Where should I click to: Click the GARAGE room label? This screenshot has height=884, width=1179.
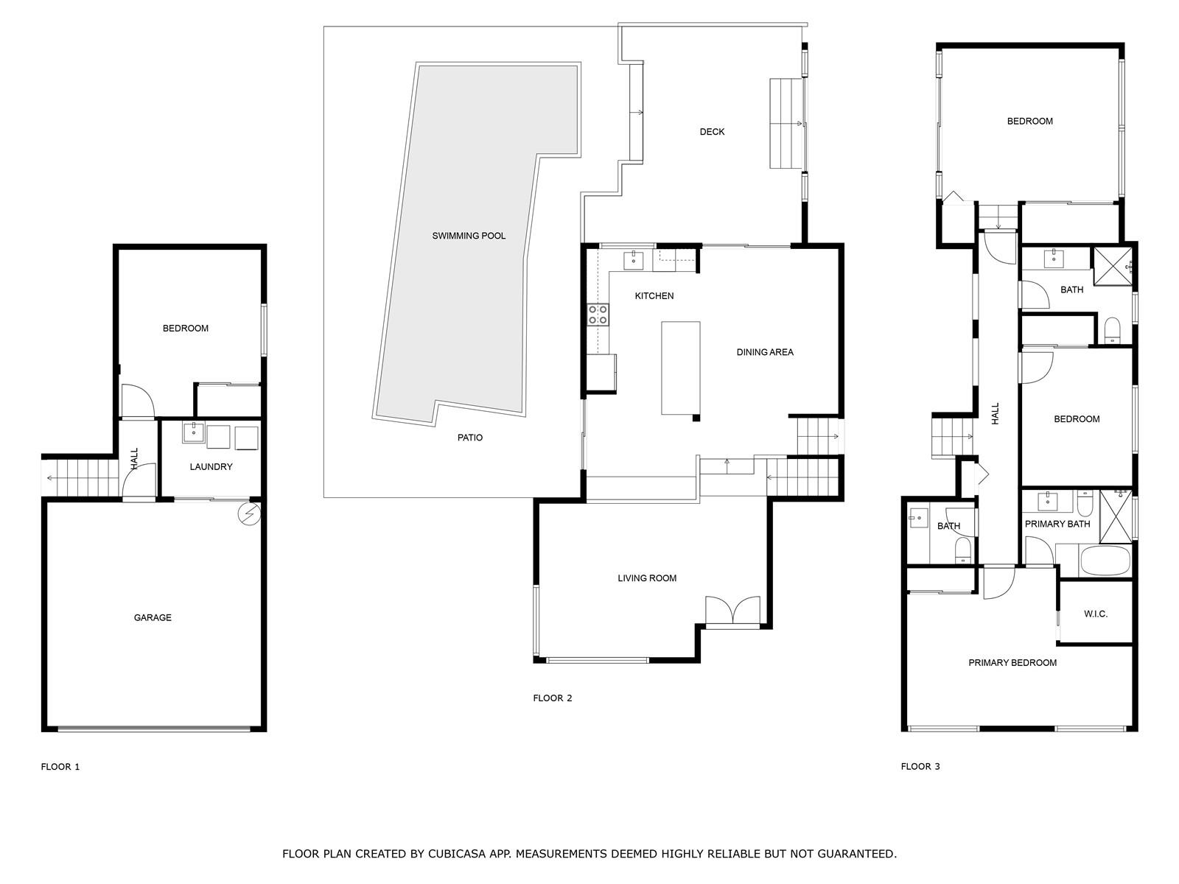(x=153, y=618)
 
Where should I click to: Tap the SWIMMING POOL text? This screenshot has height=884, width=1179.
(x=469, y=236)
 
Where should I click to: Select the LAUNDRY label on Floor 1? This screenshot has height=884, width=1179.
(x=211, y=467)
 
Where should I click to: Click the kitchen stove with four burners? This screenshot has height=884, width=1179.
(x=598, y=315)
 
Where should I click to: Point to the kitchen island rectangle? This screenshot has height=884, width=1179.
(x=681, y=368)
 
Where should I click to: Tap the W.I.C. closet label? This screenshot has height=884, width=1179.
(x=1096, y=614)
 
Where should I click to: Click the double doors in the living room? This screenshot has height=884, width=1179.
(x=732, y=610)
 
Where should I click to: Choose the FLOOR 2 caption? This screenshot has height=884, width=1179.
(x=552, y=698)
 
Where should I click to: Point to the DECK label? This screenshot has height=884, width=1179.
(x=713, y=132)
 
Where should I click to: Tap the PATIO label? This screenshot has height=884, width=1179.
(x=470, y=438)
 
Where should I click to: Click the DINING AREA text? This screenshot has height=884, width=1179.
(x=765, y=352)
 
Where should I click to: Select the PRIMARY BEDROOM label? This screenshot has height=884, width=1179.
(x=1012, y=663)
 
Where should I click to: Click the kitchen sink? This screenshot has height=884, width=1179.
(x=633, y=260)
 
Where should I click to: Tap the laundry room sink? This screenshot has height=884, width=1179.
(x=193, y=432)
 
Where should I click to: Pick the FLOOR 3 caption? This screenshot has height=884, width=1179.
(x=920, y=766)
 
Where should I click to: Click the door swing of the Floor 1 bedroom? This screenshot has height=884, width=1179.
(x=139, y=401)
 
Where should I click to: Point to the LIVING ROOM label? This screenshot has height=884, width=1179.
(x=647, y=578)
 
